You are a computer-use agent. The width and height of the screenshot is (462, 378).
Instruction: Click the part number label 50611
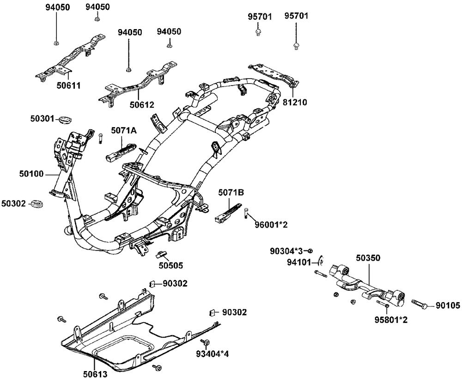pyautogui.click(x=68, y=86)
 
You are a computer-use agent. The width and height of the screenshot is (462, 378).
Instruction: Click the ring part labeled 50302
pyautogui.click(x=37, y=203)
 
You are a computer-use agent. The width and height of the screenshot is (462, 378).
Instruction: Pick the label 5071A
pyautogui.click(x=124, y=131)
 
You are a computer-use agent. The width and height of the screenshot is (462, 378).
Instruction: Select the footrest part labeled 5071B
pyautogui.click(x=228, y=211)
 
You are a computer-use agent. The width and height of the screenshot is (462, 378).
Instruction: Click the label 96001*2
pyautogui.click(x=271, y=225)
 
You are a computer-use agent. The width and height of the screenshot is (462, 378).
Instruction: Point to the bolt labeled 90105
pyautogui.click(x=419, y=305)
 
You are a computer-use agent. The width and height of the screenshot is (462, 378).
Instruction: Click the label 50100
pyautogui.click(x=31, y=174)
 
